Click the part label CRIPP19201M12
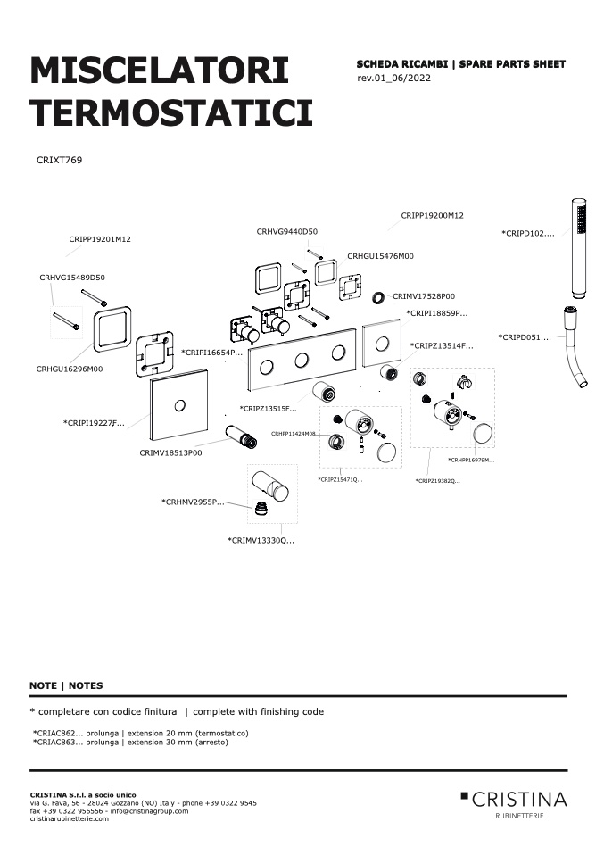(x=100, y=239)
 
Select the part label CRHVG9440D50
(x=286, y=231)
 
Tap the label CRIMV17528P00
(x=424, y=296)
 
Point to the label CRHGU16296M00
(x=70, y=369)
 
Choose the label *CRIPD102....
(x=527, y=233)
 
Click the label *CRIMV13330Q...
(x=261, y=540)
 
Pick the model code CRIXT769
(x=59, y=160)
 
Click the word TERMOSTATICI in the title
(x=171, y=112)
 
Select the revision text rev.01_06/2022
(x=393, y=78)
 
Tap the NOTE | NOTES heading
(x=66, y=685)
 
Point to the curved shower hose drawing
(x=575, y=347)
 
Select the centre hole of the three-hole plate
(x=302, y=360)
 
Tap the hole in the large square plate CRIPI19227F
(x=178, y=405)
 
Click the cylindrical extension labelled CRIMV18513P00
(x=241, y=436)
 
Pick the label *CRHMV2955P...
(x=193, y=502)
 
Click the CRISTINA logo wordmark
(x=518, y=800)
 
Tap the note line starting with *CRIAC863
(x=130, y=743)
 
